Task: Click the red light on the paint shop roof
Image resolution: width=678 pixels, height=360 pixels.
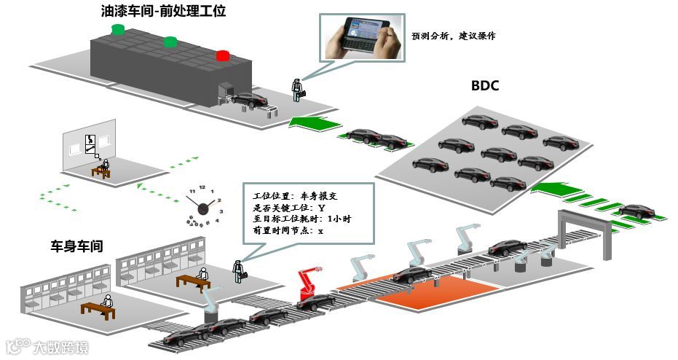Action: click(223, 55)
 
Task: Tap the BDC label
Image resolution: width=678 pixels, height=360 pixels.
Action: click(484, 86)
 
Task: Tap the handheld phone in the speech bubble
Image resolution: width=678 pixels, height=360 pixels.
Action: click(361, 37)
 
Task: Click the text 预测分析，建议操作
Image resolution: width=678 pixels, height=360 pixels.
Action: click(453, 36)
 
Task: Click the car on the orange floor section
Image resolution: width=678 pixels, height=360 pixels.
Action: click(411, 275)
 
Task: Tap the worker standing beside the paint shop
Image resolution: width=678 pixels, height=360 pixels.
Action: click(298, 88)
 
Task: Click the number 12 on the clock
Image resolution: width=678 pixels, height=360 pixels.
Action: click(202, 187)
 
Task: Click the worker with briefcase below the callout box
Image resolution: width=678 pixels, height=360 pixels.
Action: click(238, 270)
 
